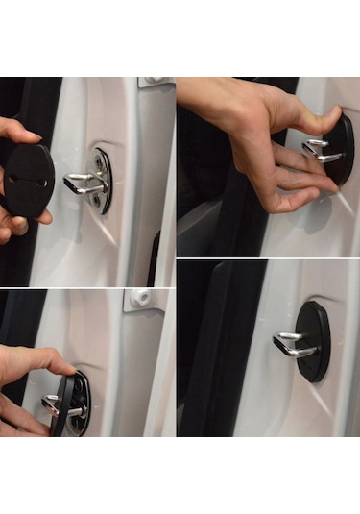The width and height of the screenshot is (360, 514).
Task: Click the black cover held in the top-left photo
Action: click(x=29, y=180)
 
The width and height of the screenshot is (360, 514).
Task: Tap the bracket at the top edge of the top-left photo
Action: click(x=154, y=82)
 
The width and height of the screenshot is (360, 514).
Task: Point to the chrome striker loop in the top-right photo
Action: click(x=321, y=150)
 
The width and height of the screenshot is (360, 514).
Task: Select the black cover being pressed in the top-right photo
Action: click(x=340, y=149)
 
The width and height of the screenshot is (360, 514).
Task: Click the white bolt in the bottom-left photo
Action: click(x=143, y=299)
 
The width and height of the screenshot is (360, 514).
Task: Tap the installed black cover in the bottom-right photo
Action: click(x=315, y=341)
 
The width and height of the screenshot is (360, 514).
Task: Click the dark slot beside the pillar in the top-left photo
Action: click(x=154, y=259)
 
